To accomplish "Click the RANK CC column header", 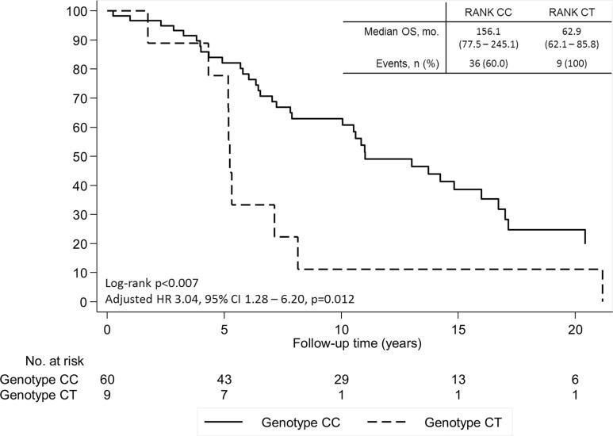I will [486, 12].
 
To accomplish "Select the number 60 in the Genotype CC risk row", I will [107, 380].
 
